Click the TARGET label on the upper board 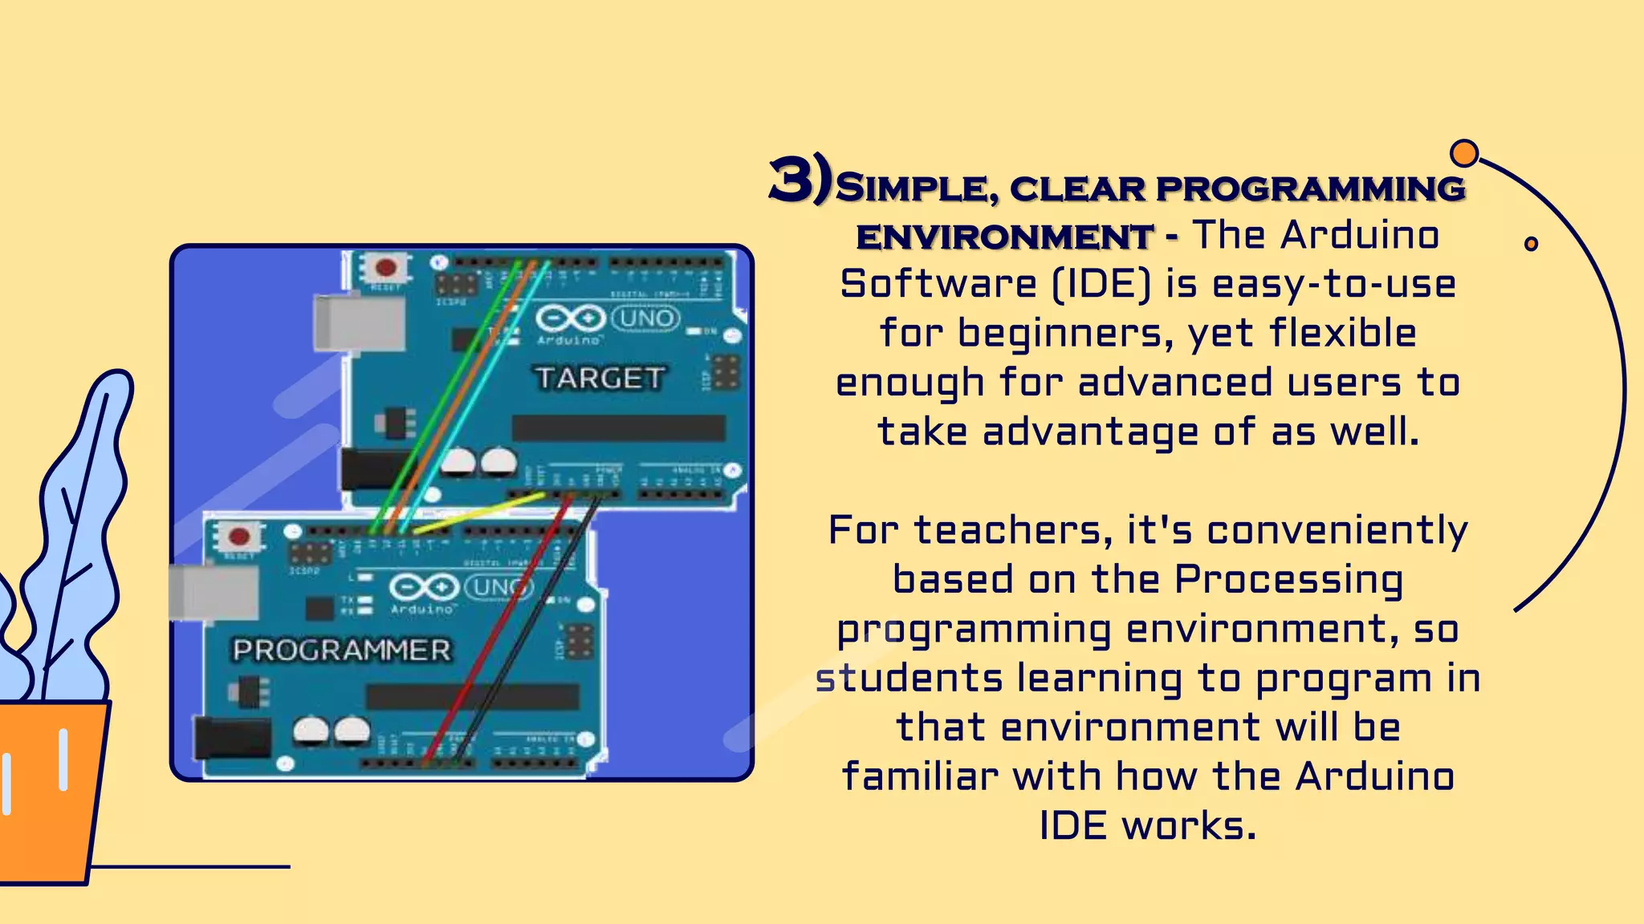(x=600, y=378)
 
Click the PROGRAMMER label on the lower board (x=342, y=650)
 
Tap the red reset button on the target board (x=386, y=267)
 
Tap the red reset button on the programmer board (x=239, y=536)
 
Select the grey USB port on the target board (x=359, y=322)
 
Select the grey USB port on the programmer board (x=214, y=592)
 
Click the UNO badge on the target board (x=646, y=318)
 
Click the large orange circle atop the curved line (x=1464, y=152)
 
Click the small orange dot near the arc (x=1531, y=244)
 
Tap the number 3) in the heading (x=800, y=180)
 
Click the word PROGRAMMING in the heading (x=1310, y=188)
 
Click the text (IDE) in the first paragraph (x=1101, y=284)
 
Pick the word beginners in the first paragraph (x=1065, y=334)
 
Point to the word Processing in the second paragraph (x=1289, y=580)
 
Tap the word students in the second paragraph (x=909, y=679)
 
